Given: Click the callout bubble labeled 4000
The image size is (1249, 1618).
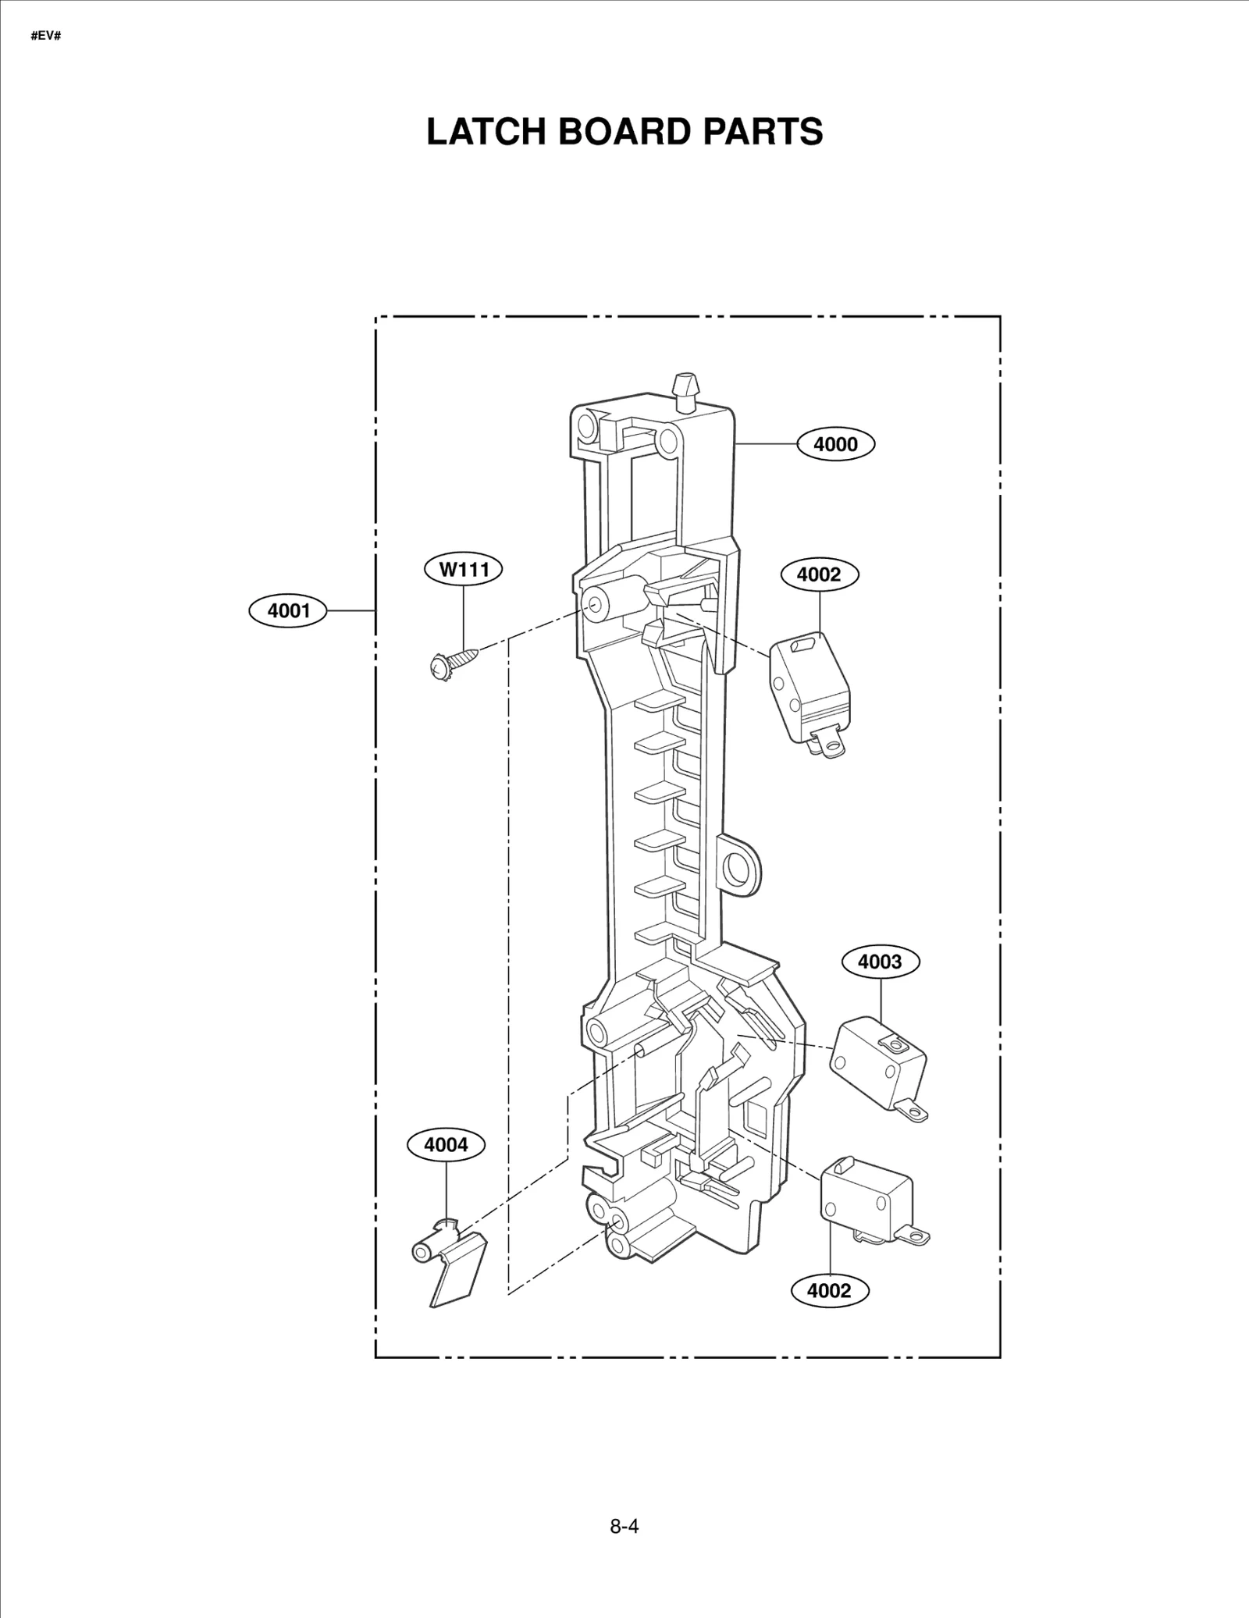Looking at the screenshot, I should pyautogui.click(x=835, y=444).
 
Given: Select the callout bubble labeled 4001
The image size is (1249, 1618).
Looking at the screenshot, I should pyautogui.click(x=288, y=610).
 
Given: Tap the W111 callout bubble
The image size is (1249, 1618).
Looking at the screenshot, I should pyautogui.click(x=463, y=569).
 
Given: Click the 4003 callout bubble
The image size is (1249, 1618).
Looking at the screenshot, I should pyautogui.click(x=880, y=962).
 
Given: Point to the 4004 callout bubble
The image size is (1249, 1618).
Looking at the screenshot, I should pyautogui.click(x=446, y=1145).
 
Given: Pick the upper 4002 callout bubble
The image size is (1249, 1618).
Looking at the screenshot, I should pyautogui.click(x=819, y=574).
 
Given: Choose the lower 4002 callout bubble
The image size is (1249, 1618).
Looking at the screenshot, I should pyautogui.click(x=829, y=1290).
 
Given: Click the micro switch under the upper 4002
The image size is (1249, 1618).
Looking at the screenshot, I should pyautogui.click(x=810, y=687).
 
